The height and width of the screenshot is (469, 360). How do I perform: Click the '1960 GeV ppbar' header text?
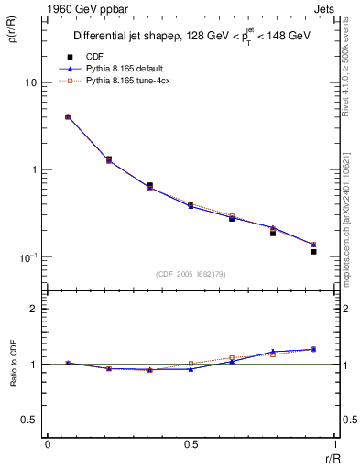pos(82,9)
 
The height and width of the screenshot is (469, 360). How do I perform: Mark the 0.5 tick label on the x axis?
pos(191,443)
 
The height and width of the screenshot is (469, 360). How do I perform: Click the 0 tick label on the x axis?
pos(48,443)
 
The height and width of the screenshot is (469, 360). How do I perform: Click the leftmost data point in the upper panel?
pos(68,117)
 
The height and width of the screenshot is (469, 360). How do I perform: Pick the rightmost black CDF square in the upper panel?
pos(313,251)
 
